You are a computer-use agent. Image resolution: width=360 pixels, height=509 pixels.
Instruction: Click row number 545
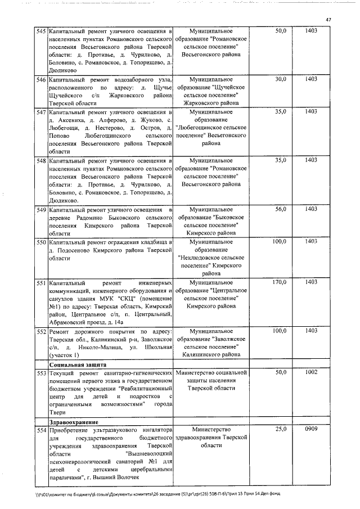(x=40, y=31)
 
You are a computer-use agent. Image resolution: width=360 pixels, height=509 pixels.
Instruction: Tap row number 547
(x=40, y=112)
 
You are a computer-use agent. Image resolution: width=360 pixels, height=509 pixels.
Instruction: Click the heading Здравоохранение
(x=74, y=421)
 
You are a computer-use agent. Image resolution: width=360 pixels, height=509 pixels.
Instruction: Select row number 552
(x=40, y=331)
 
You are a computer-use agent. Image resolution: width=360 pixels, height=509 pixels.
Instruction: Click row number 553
(x=40, y=372)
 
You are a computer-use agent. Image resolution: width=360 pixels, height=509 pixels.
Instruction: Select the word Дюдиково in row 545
(x=64, y=71)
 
